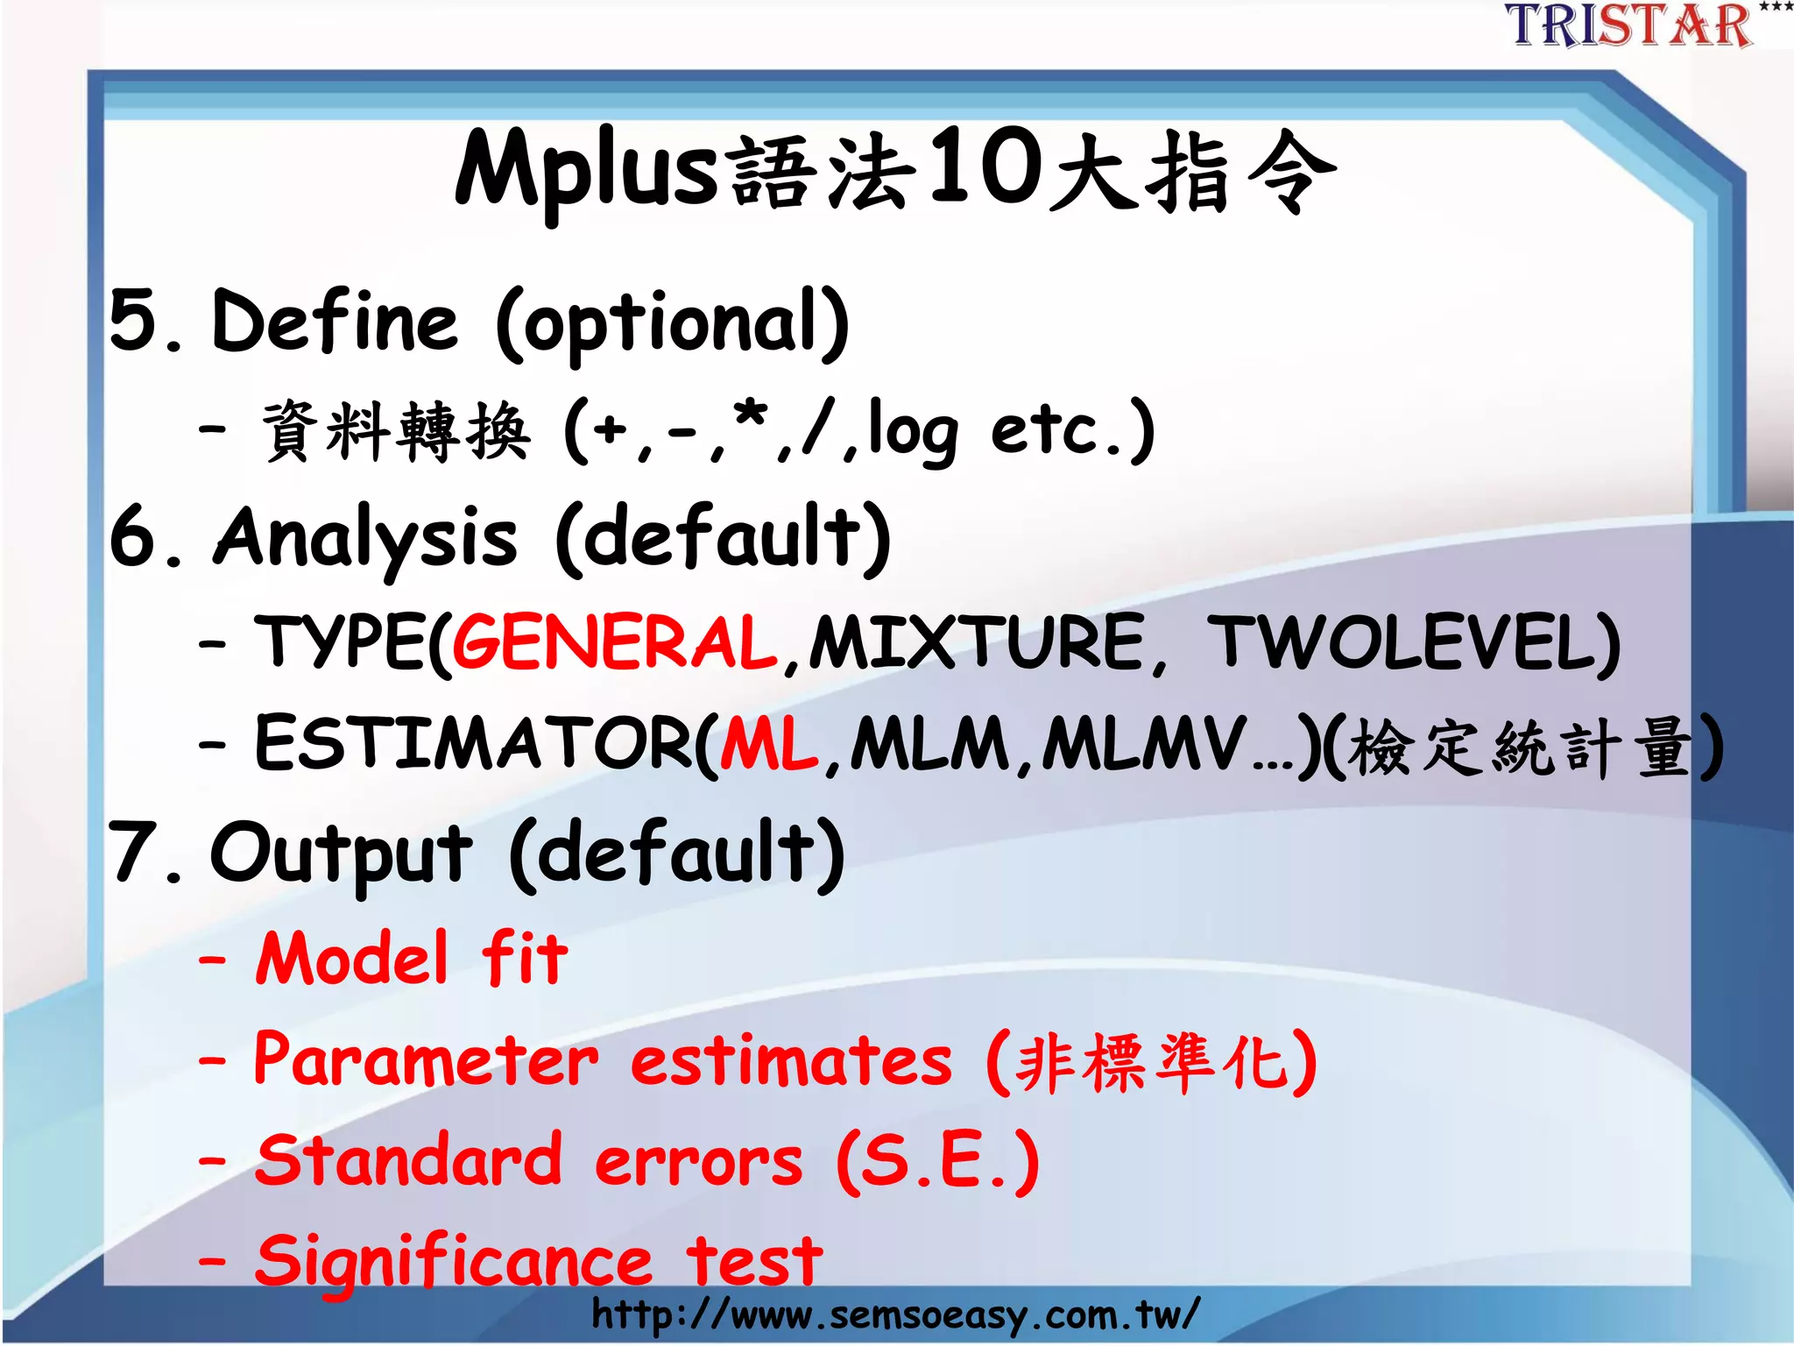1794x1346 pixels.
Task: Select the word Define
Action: click(x=335, y=322)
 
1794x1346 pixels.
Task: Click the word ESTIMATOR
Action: click(x=473, y=745)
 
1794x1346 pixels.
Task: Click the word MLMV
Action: click(x=1143, y=745)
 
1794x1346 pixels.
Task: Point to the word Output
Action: click(x=342, y=854)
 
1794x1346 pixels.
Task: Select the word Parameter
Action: click(x=426, y=1060)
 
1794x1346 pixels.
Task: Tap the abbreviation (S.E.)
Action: click(x=937, y=1162)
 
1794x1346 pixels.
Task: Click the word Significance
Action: click(x=454, y=1262)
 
